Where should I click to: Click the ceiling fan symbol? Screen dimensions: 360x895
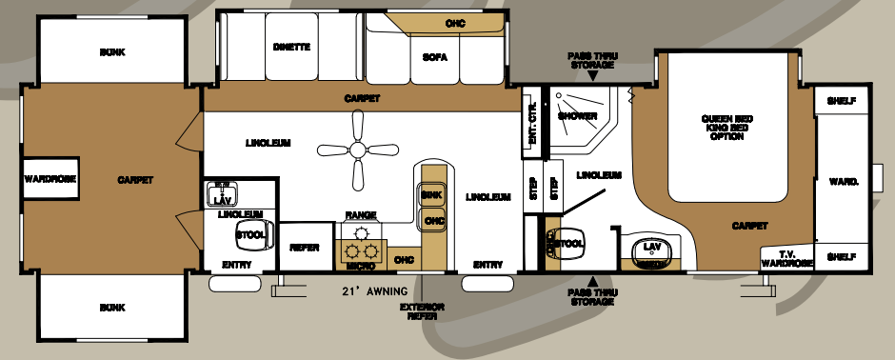pos(357,149)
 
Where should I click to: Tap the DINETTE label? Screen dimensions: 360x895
pos(291,47)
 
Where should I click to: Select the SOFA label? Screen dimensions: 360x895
pos(435,57)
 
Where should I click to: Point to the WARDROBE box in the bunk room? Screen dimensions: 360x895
pos(50,178)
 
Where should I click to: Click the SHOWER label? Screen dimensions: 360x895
pos(577,116)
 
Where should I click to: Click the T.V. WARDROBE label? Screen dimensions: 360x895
pos(786,257)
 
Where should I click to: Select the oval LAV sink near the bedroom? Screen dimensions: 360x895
pos(652,250)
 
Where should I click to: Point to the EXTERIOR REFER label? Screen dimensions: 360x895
pos(422,311)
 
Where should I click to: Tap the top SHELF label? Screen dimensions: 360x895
pos(839,100)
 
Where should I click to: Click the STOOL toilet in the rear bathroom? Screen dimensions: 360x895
pos(567,244)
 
